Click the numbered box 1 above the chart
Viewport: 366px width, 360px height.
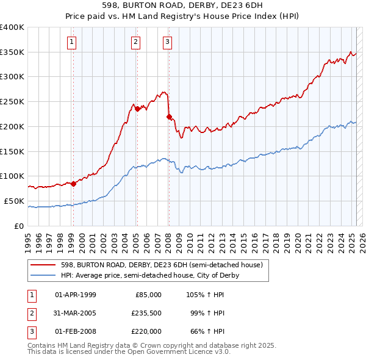pos(72,42)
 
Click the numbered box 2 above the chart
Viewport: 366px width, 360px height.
pos(135,42)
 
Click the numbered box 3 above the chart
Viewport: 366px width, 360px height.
pos(167,42)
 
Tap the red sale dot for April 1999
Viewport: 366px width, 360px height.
pos(73,183)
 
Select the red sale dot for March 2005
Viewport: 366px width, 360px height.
pos(138,109)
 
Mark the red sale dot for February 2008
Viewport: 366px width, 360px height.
pos(169,116)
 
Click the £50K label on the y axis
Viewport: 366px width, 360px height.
pos(14,201)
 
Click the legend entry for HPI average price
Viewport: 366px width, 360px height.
pos(149,275)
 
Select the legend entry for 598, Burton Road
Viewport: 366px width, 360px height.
pos(161,265)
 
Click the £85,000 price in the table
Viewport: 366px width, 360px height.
pos(146,295)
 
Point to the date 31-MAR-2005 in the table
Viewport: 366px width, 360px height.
pos(76,313)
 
